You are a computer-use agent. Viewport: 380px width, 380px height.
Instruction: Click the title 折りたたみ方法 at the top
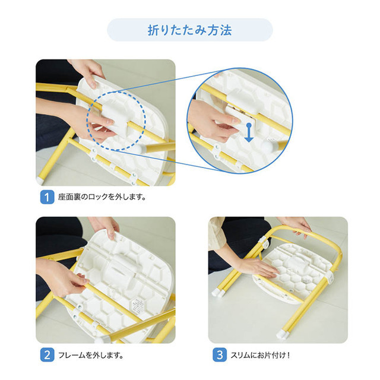(x=189, y=30)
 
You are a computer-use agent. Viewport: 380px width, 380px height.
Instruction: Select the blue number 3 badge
(x=220, y=355)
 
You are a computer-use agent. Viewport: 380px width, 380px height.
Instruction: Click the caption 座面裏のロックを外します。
(x=102, y=197)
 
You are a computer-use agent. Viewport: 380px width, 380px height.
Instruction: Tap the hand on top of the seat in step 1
(x=89, y=71)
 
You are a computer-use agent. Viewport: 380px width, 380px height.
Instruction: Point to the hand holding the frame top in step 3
(x=297, y=224)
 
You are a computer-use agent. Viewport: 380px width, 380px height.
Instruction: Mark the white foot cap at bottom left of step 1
(x=40, y=178)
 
